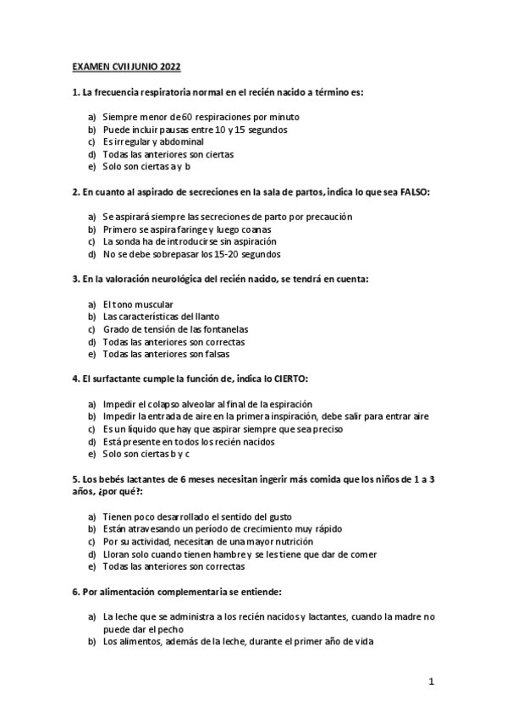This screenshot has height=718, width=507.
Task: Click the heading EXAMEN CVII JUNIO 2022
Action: point(125,66)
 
